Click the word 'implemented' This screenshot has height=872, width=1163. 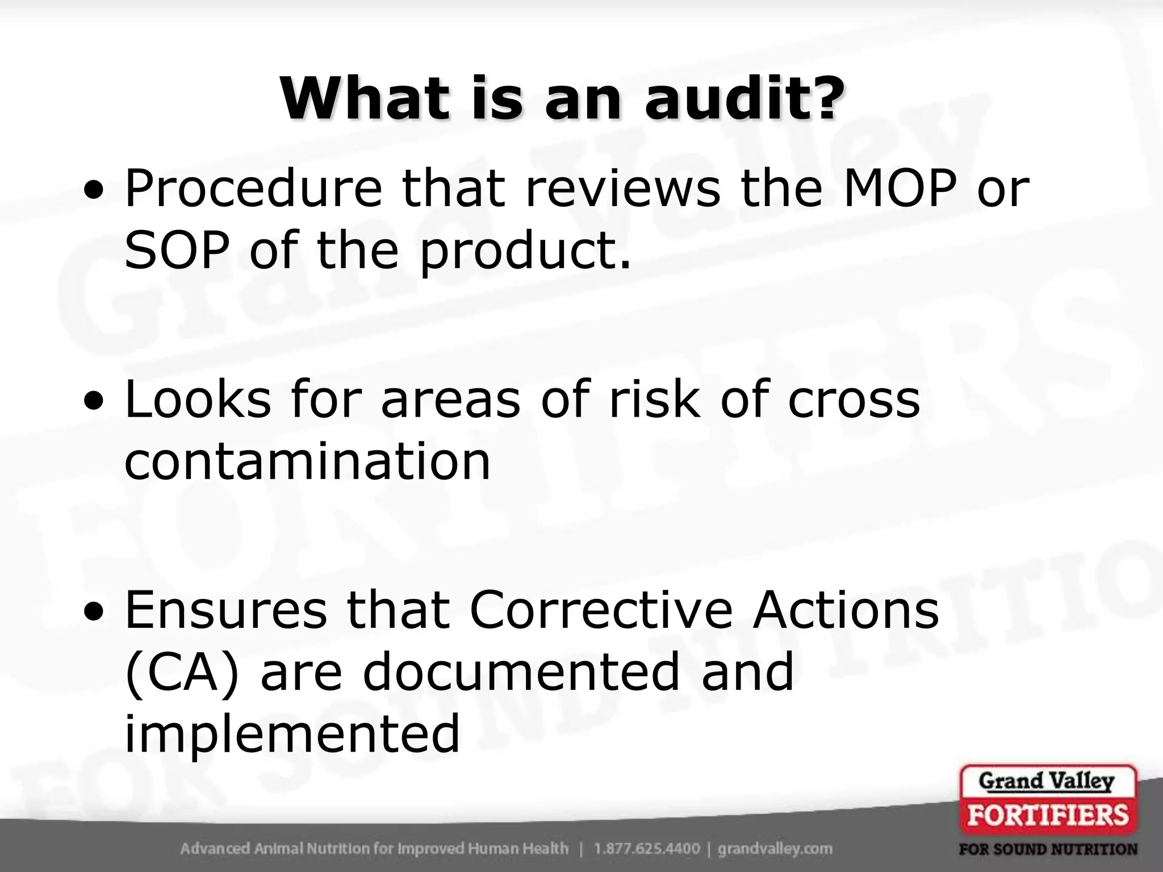point(292,735)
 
